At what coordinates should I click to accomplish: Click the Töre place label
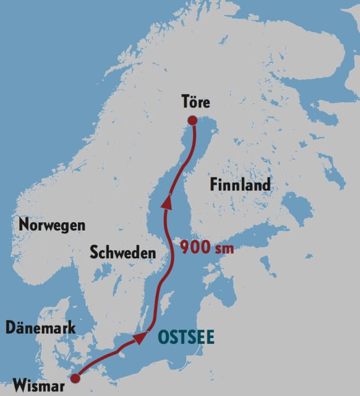195,102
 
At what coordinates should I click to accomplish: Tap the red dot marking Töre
192,121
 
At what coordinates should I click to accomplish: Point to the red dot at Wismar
76,378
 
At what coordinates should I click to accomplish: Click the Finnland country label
240,185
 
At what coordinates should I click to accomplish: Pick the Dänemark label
41,328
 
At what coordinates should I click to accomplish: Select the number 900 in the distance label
195,248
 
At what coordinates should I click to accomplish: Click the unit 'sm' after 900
224,249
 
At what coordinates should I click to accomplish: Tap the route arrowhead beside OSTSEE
141,337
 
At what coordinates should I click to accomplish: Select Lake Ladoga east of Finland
297,210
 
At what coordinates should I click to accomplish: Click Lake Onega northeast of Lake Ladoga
330,165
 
